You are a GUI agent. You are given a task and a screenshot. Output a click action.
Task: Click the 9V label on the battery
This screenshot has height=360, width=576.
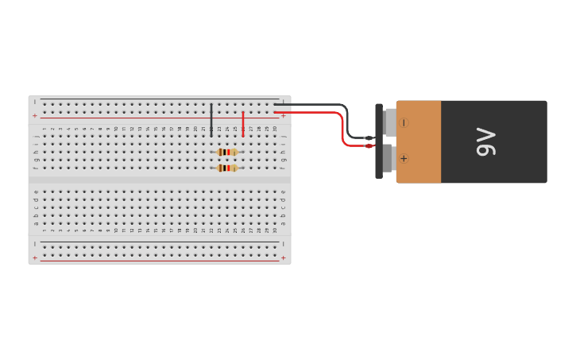pyautogui.click(x=485, y=141)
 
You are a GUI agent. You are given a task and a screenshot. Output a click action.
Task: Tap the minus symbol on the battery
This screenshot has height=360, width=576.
pyautogui.click(x=404, y=123)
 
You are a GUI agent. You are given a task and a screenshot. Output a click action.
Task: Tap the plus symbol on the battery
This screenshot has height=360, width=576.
pyautogui.click(x=404, y=158)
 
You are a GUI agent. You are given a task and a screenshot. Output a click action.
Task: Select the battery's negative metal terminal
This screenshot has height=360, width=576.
pyautogui.click(x=390, y=122)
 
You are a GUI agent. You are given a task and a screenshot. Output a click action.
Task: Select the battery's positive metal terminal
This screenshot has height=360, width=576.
pyautogui.click(x=389, y=157)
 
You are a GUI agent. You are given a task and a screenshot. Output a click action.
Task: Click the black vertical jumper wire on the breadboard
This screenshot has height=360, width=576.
pyautogui.click(x=211, y=119)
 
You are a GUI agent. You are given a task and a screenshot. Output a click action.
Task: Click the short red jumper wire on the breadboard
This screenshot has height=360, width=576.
pyautogui.click(x=243, y=123)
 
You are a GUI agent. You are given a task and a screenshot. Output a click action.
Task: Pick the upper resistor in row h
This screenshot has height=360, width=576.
pyautogui.click(x=227, y=152)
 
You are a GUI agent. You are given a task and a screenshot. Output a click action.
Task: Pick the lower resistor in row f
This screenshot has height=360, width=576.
pyautogui.click(x=227, y=168)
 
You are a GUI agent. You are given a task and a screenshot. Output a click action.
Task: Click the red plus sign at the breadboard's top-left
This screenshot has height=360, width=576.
pyautogui.click(x=34, y=116)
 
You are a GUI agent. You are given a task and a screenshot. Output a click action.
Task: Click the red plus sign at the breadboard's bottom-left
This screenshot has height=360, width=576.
pyautogui.click(x=34, y=257)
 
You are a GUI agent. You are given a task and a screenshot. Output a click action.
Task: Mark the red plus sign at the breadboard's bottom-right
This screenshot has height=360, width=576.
pyautogui.click(x=284, y=257)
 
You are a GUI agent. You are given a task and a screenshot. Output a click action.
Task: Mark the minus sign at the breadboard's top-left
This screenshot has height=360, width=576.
pyautogui.click(x=34, y=102)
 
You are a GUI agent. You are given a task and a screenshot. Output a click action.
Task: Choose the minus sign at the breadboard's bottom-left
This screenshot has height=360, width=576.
pyautogui.click(x=34, y=244)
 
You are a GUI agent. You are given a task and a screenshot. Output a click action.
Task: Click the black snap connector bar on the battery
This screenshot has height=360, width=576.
pyautogui.click(x=379, y=141)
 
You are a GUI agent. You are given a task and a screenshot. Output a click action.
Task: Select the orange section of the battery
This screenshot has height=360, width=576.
pyautogui.click(x=419, y=141)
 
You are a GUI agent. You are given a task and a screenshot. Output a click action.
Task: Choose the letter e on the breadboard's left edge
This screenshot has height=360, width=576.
pyautogui.click(x=36, y=192)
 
